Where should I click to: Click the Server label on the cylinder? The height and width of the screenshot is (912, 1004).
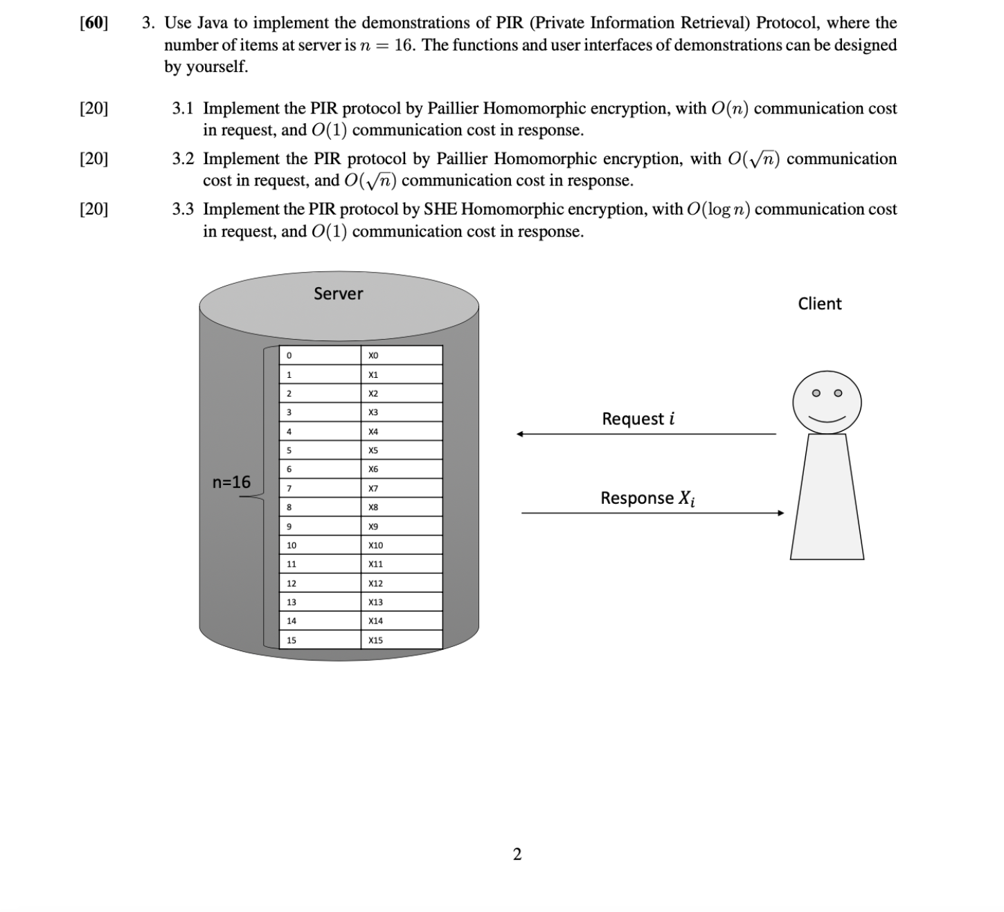click(x=338, y=293)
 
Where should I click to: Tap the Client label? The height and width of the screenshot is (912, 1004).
click(x=819, y=304)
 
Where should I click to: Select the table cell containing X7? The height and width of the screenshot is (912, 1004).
click(x=401, y=489)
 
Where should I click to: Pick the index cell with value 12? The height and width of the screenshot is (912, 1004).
click(x=320, y=583)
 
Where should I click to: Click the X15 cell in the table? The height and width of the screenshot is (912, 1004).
click(x=401, y=640)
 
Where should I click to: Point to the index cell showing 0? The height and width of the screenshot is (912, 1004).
click(x=320, y=356)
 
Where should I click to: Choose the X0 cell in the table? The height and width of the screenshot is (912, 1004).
click(x=401, y=356)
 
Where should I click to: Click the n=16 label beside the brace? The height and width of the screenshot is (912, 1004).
click(x=231, y=482)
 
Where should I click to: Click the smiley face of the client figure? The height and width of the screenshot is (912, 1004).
click(x=827, y=402)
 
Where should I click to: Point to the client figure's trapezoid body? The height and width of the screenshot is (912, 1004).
click(x=827, y=498)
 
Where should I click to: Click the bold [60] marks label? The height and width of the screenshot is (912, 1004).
click(x=93, y=23)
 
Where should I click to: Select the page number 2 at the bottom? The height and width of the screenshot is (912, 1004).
click(x=517, y=855)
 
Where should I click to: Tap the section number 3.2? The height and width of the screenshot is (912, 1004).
click(x=183, y=159)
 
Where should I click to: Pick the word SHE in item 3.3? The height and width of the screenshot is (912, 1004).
click(x=438, y=209)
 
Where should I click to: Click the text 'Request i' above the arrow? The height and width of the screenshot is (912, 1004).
click(x=638, y=419)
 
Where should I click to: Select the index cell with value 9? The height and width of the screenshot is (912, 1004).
click(x=320, y=527)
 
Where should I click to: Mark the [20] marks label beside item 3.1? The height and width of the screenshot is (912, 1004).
click(x=93, y=109)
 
